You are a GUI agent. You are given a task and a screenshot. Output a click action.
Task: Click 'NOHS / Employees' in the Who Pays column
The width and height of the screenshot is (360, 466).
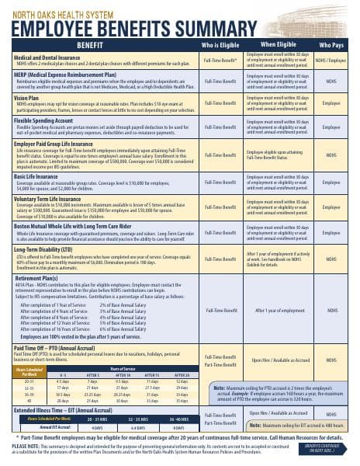(x=331, y=60)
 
